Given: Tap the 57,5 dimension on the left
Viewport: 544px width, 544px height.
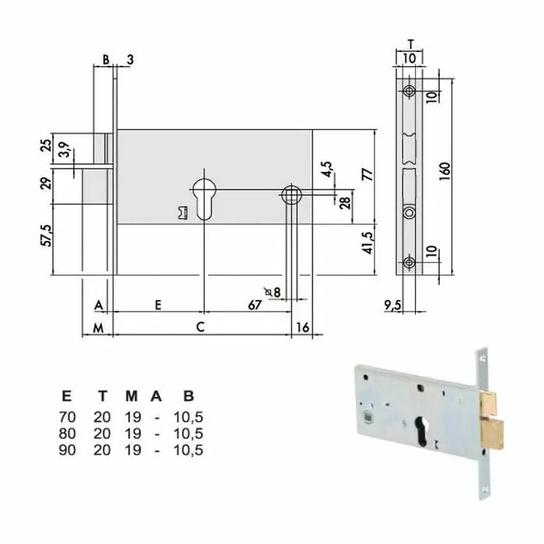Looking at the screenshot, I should (47, 233).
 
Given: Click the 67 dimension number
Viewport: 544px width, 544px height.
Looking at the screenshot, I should (254, 305).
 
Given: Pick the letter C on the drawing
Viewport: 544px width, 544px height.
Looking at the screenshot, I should (200, 328).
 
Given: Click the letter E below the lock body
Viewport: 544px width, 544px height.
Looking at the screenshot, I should (158, 305).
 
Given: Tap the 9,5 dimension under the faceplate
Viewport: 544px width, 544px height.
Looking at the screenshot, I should (393, 305).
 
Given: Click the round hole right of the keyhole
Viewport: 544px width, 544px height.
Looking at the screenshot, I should (292, 194).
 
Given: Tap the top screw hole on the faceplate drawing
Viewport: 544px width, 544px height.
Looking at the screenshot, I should (409, 90).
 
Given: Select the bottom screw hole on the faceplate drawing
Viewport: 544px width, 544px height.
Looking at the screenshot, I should (409, 263).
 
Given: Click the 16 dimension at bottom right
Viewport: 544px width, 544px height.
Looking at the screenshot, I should (303, 328).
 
